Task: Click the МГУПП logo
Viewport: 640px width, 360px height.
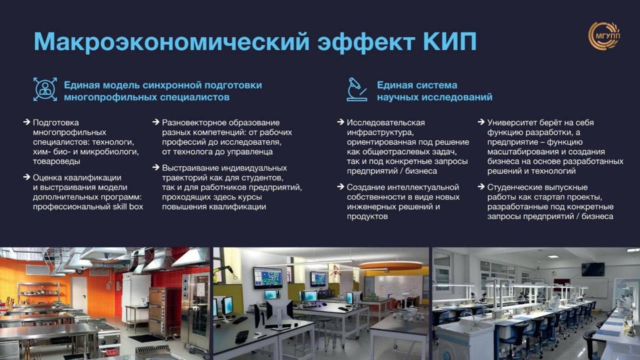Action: click(x=603, y=35)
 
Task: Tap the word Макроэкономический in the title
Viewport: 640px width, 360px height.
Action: click(x=171, y=41)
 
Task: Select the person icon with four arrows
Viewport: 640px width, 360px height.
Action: click(x=45, y=89)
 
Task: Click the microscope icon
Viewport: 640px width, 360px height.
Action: click(x=357, y=89)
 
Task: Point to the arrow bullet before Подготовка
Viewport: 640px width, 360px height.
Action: click(x=26, y=122)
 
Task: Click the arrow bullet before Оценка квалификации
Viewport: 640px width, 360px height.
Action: click(x=26, y=177)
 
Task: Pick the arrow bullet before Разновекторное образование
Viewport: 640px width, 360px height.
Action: click(x=155, y=122)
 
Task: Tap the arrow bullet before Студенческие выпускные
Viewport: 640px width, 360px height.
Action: click(x=481, y=187)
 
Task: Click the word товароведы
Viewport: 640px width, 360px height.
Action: click(x=56, y=161)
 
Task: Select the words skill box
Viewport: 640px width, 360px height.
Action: click(x=127, y=206)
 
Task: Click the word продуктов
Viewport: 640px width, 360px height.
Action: click(x=367, y=216)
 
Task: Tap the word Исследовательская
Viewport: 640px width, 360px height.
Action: click(x=385, y=122)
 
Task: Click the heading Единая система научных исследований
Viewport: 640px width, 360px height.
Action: click(x=434, y=91)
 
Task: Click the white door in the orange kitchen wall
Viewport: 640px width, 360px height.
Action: click(x=78, y=293)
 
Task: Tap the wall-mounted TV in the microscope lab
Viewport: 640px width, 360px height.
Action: click(x=593, y=269)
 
